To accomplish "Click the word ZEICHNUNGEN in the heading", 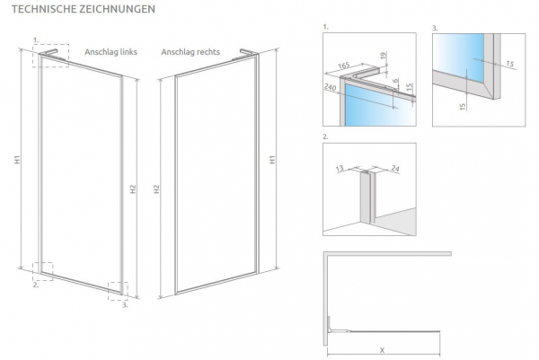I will coord(117,9).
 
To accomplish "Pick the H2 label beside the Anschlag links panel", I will coord(132,189).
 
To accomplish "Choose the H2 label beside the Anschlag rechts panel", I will coord(156,189).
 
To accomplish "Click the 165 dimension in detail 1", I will coord(345,66).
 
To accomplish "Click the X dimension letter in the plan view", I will coord(383,349).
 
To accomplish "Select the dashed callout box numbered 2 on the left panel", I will coord(41,271).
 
